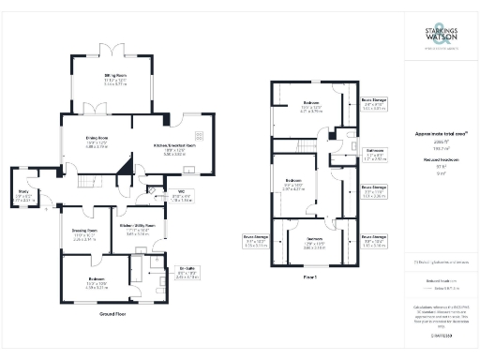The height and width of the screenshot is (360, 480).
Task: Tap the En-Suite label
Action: (161, 273)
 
